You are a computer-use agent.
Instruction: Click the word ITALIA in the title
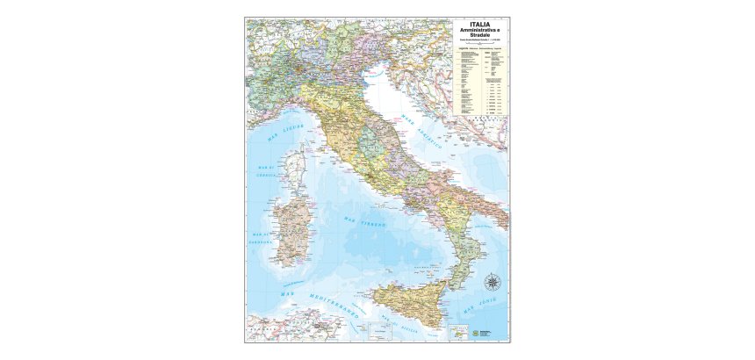(x=480, y=25)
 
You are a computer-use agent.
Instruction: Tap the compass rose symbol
(x=494, y=283)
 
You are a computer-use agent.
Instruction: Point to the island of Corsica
(x=297, y=165)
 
